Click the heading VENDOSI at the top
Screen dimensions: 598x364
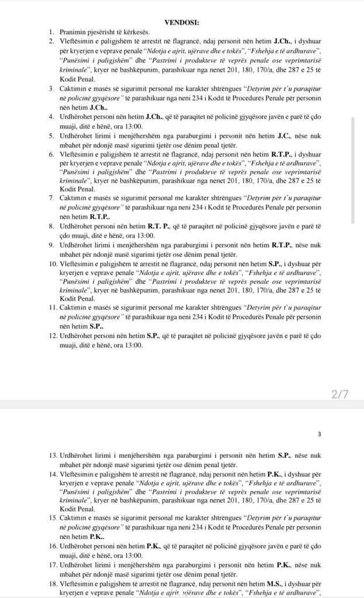[x=182, y=22]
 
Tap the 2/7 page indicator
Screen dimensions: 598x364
[x=339, y=394]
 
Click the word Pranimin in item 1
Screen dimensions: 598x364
[x=72, y=31]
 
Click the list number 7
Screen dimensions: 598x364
[x=52, y=199]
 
